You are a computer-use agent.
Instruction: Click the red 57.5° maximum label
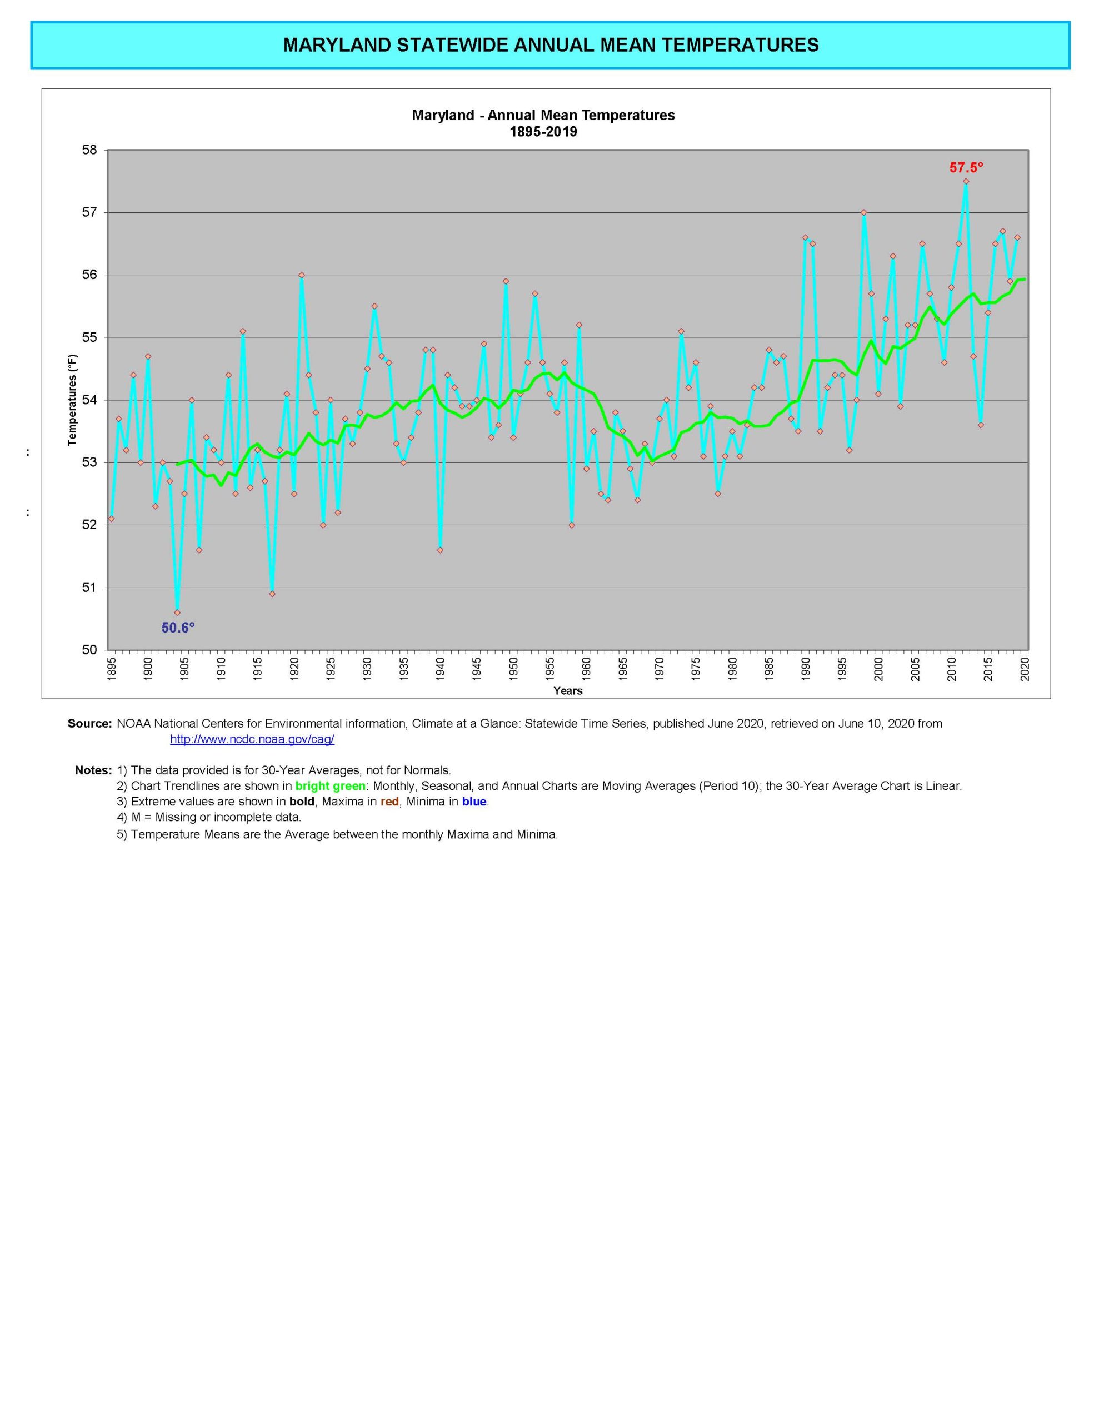coord(966,167)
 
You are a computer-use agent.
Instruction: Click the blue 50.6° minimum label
coord(178,628)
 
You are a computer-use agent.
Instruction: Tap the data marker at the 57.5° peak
coord(966,181)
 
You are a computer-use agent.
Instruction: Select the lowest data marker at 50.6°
coord(177,613)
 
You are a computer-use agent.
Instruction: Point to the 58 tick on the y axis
coord(90,150)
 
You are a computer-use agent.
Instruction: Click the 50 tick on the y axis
coord(90,650)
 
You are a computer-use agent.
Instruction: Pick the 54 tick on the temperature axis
coord(90,400)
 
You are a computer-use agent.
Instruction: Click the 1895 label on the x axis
coord(111,669)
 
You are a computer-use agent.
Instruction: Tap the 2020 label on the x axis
coord(1025,669)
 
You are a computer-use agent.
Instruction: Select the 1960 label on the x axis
coord(586,669)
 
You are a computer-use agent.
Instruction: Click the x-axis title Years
coord(567,690)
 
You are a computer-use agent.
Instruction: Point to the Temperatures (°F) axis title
coord(72,400)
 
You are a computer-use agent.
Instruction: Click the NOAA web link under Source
coord(252,739)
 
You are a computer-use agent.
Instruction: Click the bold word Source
coord(90,723)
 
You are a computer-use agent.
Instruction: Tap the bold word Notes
coord(93,770)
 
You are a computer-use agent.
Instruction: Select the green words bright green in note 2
coord(330,786)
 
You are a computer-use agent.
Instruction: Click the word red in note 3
coord(389,802)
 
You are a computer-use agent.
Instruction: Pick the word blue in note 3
coord(474,802)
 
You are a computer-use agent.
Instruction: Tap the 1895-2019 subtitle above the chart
coord(543,132)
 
